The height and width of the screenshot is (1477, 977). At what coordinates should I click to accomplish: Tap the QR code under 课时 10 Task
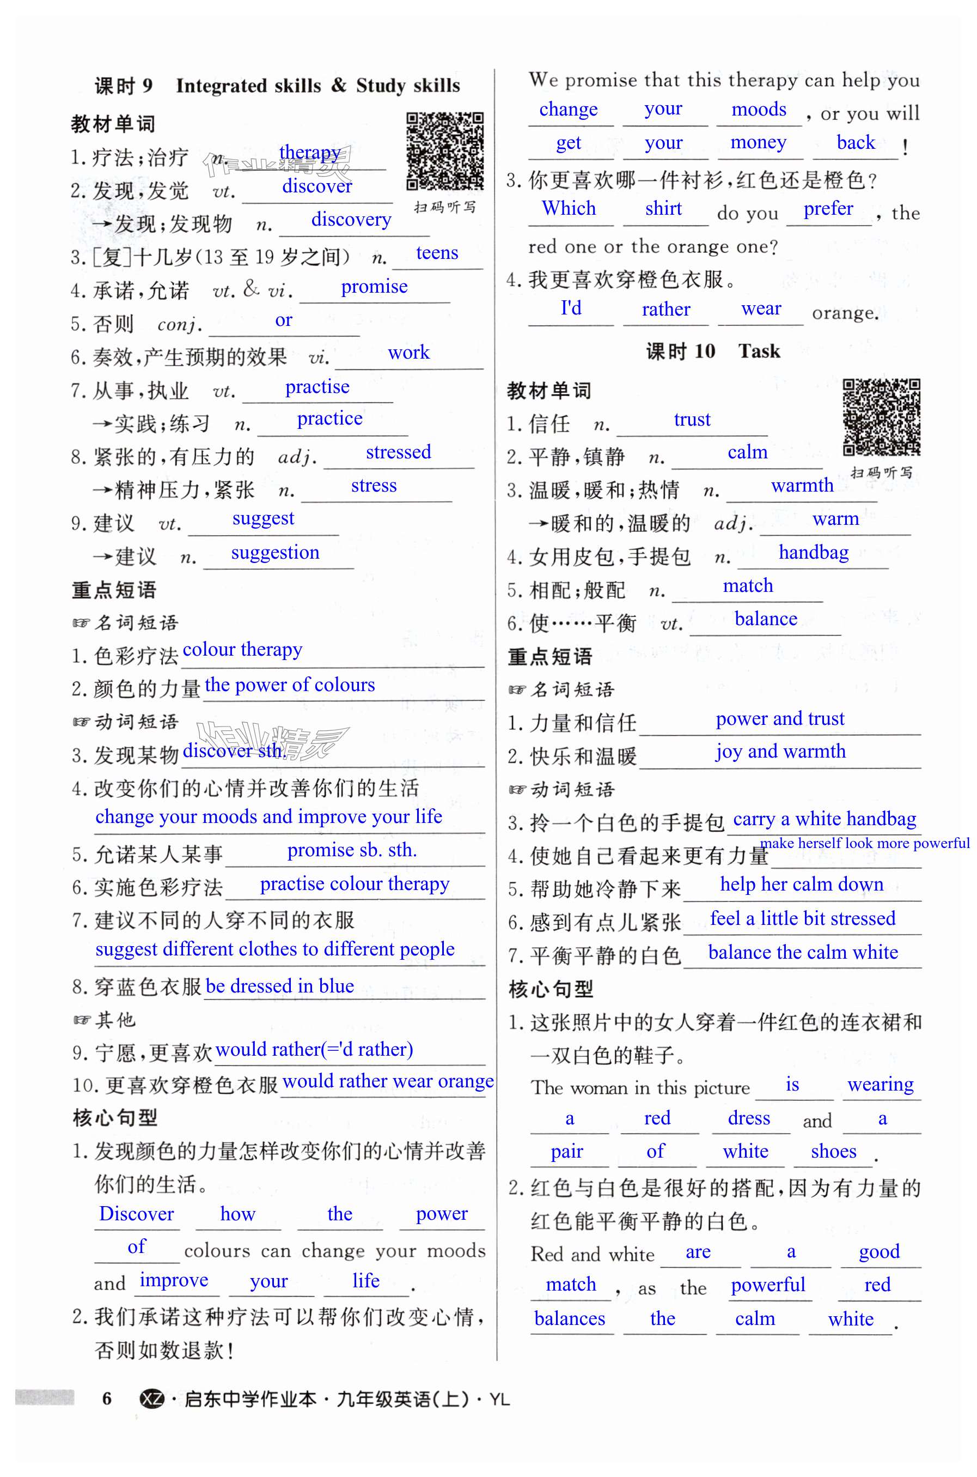coord(881,416)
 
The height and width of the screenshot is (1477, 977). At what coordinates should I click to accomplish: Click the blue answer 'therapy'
coord(310,152)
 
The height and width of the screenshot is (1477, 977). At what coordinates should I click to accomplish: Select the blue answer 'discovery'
coord(351,220)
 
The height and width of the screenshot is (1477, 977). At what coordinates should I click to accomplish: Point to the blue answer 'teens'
coord(437,252)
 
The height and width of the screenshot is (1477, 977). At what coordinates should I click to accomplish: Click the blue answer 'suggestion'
coord(275,553)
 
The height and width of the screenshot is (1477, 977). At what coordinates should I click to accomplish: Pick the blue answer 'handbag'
coord(813,553)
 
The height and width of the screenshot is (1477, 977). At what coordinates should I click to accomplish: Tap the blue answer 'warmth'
coord(802,485)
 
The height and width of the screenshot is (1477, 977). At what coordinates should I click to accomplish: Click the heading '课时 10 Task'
coord(712,351)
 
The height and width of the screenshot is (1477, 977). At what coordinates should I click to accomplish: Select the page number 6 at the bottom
coord(107,1399)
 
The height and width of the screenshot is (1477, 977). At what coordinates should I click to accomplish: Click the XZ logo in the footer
coord(151,1399)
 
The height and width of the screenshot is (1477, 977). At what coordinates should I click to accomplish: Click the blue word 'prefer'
coord(828,208)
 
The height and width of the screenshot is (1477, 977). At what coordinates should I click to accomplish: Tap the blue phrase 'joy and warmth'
coord(780,751)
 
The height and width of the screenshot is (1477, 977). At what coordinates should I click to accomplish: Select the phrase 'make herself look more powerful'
coord(865,843)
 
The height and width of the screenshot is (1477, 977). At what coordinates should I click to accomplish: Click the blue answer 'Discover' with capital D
coord(137,1213)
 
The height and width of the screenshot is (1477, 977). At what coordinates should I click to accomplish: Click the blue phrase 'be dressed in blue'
coord(280,986)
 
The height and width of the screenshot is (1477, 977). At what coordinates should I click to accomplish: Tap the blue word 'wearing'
coord(881,1084)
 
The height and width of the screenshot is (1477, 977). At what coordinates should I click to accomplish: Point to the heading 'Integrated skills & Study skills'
coord(318,86)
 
